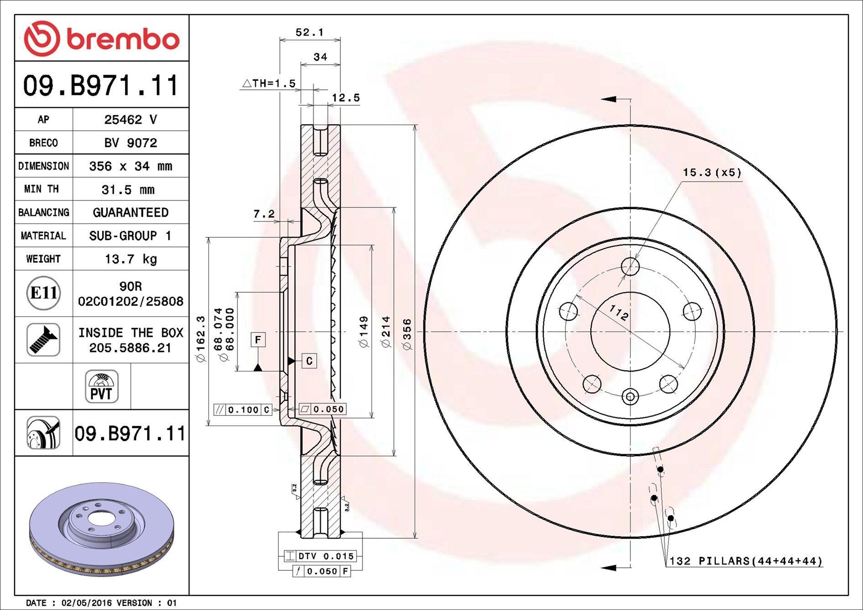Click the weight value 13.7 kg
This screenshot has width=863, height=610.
tap(130, 259)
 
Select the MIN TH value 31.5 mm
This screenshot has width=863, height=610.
tap(128, 190)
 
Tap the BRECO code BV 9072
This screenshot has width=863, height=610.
tap(130, 143)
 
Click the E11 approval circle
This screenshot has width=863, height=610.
tap(43, 293)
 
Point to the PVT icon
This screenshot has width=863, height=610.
tap(101, 386)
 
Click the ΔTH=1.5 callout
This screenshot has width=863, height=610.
tap(269, 84)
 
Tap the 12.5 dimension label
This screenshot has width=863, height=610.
tap(346, 98)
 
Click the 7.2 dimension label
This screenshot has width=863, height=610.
tap(264, 213)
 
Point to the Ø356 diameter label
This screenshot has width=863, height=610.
tap(407, 335)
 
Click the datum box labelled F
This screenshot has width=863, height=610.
tap(258, 340)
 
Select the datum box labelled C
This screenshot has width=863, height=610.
tap(309, 361)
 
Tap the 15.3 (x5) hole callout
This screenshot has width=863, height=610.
tap(712, 173)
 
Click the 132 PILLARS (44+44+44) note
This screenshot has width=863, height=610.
tap(745, 561)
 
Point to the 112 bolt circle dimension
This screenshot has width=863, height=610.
tap(619, 313)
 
